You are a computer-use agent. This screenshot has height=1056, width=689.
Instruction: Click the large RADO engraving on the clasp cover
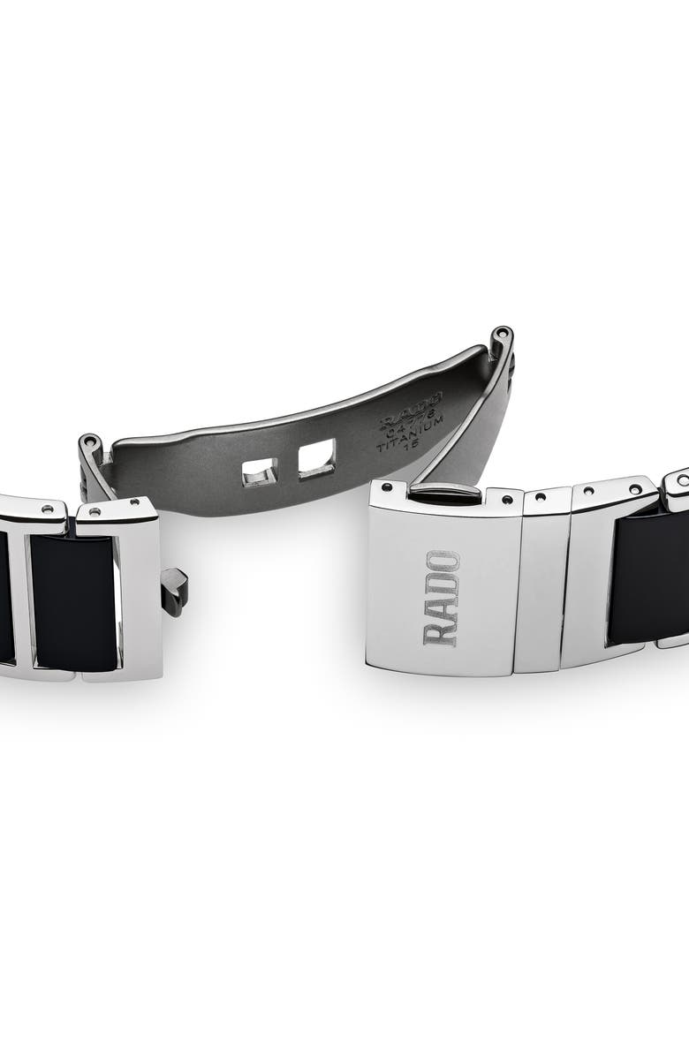coord(443,598)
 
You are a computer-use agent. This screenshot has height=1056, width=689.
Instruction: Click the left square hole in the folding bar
coord(260,475)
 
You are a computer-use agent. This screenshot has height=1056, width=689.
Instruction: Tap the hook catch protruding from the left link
coord(176,587)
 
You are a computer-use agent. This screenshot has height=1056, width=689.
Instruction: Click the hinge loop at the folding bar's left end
coord(91,448)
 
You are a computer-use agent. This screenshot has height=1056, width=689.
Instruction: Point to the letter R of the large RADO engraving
coord(442,633)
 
